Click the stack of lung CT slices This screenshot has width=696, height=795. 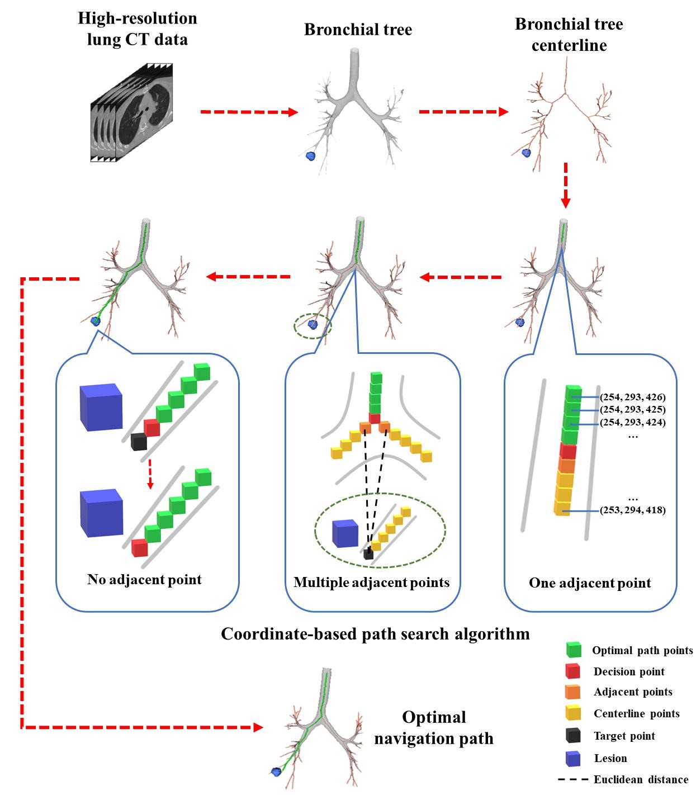132,112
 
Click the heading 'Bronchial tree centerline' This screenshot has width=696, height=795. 569,35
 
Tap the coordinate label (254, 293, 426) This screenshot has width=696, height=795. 632,397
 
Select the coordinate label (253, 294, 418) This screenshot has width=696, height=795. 632,510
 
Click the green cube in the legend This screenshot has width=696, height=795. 574,650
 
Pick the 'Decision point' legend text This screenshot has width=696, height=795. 629,671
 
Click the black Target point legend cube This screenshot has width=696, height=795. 573,736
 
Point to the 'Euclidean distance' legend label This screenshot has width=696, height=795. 641,779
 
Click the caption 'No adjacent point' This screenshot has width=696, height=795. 144,579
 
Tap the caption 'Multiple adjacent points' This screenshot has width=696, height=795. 372,583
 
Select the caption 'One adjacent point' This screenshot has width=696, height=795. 590,583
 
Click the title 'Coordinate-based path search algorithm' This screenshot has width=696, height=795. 375,634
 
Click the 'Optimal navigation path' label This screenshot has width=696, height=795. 434,728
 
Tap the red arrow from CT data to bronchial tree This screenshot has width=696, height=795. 249,112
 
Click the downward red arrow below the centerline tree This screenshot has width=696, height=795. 565,184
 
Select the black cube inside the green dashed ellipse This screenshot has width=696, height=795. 368,554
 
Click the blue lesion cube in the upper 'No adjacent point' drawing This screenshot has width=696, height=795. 101,406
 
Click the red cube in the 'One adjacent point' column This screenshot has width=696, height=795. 567,451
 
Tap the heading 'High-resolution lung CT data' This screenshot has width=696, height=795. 138,29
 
